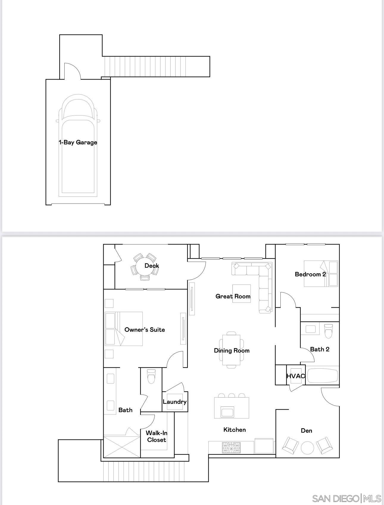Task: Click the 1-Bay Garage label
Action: pos(78,142)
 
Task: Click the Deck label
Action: pos(152,266)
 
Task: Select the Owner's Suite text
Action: pos(144,330)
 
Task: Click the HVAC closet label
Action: pos(296,376)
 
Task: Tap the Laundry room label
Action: pos(175,402)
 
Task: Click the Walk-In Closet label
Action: pos(157,437)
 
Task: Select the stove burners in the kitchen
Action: pos(231,448)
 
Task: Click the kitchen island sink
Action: pos(228,412)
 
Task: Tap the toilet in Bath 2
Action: pos(328,331)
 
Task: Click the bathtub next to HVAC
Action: pos(323,376)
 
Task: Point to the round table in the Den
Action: pos(307,448)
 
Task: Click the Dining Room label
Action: pos(232,350)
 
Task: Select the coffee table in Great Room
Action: pos(241,293)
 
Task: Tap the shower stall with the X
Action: pos(122,447)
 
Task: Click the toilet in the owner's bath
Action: pos(151,376)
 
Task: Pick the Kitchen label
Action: pos(235,430)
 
